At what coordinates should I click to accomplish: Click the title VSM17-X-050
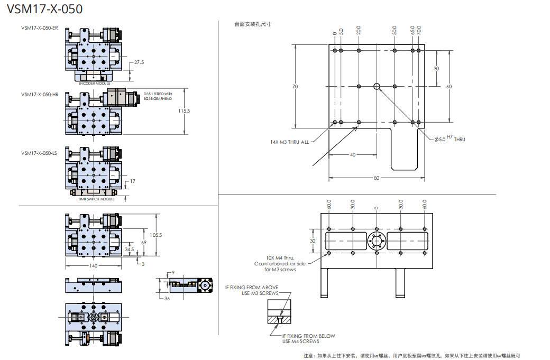[45, 10]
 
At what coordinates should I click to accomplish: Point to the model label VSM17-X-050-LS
[39, 153]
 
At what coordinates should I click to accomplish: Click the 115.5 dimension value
[184, 111]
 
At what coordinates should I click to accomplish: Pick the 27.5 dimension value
[139, 62]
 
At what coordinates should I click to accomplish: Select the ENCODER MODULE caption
[95, 84]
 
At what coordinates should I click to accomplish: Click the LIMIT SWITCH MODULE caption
[93, 199]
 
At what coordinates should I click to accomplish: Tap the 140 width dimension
[93, 266]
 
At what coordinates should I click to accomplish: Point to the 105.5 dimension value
[155, 235]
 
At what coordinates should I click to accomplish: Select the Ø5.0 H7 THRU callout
[450, 139]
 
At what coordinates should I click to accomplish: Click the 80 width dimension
[376, 178]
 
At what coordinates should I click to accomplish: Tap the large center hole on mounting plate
[377, 86]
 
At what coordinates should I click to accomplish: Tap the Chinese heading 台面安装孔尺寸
[252, 24]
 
